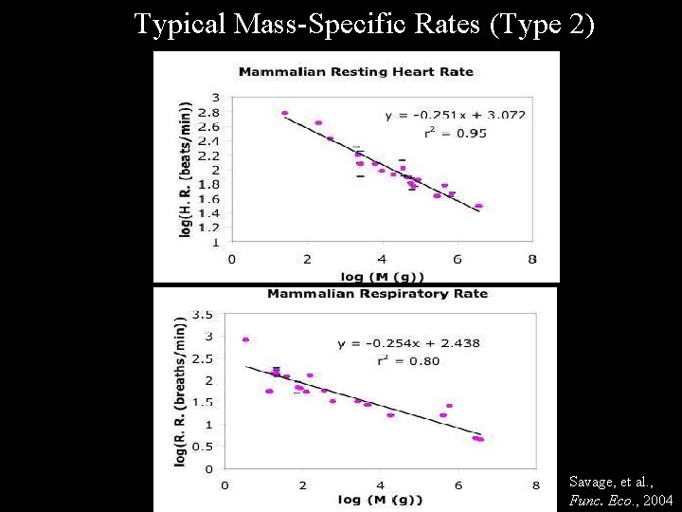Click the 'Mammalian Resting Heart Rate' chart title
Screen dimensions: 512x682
pyautogui.click(x=355, y=71)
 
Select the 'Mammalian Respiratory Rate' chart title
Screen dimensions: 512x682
pyautogui.click(x=377, y=293)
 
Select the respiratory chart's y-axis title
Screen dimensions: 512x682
pyautogui.click(x=180, y=391)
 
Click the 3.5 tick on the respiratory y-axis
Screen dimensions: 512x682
pyautogui.click(x=202, y=314)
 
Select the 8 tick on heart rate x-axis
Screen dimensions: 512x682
pyautogui.click(x=532, y=258)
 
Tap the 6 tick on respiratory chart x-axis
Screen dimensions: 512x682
pyautogui.click(x=458, y=485)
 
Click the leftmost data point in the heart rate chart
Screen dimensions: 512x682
pyautogui.click(x=284, y=113)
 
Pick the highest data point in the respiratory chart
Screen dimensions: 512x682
pyautogui.click(x=245, y=339)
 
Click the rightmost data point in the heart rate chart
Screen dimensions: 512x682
pyautogui.click(x=478, y=206)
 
